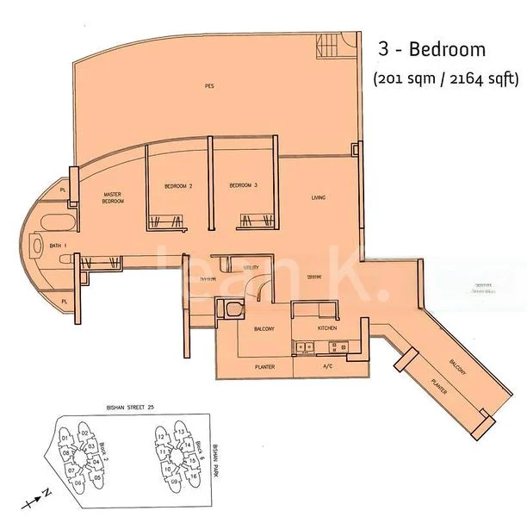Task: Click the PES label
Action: (209, 86)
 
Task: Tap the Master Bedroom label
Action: (114, 198)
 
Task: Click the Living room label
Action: (319, 198)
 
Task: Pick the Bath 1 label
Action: (59, 246)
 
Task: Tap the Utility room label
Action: (251, 269)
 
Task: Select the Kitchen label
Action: (326, 328)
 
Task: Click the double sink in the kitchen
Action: (302, 347)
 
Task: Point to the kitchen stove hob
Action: (336, 347)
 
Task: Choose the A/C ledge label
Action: (326, 366)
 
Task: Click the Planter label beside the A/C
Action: (264, 366)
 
